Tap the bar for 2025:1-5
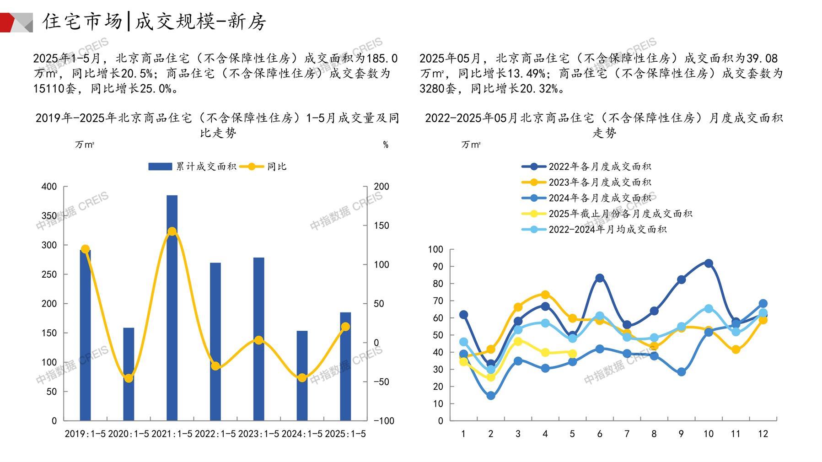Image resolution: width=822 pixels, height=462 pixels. click(345, 366)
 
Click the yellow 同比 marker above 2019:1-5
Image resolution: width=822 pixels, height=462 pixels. click(85, 249)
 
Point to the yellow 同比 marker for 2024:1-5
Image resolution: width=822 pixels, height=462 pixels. click(302, 378)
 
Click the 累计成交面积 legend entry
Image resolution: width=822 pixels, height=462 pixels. click(192, 167)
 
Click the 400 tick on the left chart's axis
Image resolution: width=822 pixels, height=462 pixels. click(49, 187)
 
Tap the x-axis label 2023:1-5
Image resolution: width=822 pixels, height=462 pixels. click(258, 434)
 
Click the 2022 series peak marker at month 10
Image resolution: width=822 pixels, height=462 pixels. click(709, 263)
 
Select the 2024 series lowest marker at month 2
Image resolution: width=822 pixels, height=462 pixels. click(491, 396)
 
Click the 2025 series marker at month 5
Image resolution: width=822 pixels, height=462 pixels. click(572, 353)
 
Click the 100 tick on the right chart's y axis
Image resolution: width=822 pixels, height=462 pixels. click(435, 249)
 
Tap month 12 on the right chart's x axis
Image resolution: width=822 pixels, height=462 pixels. click(763, 434)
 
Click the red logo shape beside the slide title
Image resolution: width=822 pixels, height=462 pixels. click(9, 22)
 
